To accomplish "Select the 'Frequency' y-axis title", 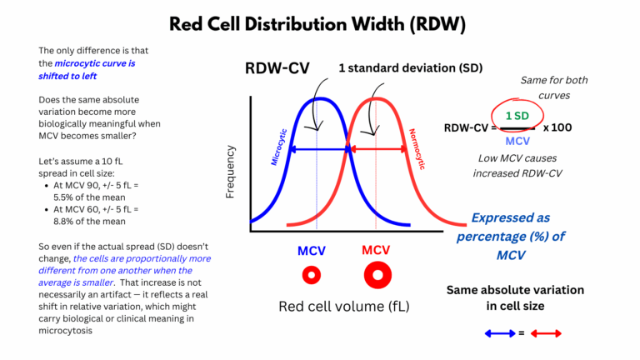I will [231, 172].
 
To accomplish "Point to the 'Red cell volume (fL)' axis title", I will [343, 306].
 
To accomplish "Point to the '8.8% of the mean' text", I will [91, 221].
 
